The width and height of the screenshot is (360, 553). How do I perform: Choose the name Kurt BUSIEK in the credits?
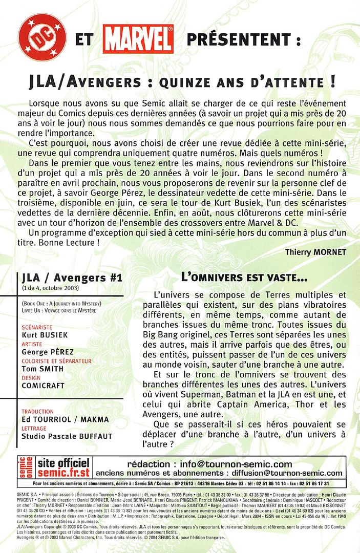click(45, 334)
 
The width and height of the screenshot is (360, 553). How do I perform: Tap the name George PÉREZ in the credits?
click(48, 352)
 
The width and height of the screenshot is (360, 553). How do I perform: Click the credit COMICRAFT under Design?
click(44, 386)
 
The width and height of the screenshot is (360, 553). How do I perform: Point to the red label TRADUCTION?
click(37, 411)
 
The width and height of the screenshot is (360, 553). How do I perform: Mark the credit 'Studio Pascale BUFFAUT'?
click(67, 436)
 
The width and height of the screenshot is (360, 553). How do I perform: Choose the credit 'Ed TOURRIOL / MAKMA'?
click(65, 419)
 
